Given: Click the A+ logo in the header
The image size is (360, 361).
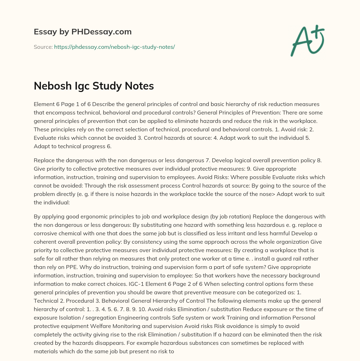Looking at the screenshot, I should click(308, 40).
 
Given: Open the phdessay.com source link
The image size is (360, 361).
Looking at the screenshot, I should click(114, 47).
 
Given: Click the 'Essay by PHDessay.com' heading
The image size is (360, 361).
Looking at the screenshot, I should click(83, 32).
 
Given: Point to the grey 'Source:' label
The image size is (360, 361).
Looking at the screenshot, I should click(43, 47).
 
